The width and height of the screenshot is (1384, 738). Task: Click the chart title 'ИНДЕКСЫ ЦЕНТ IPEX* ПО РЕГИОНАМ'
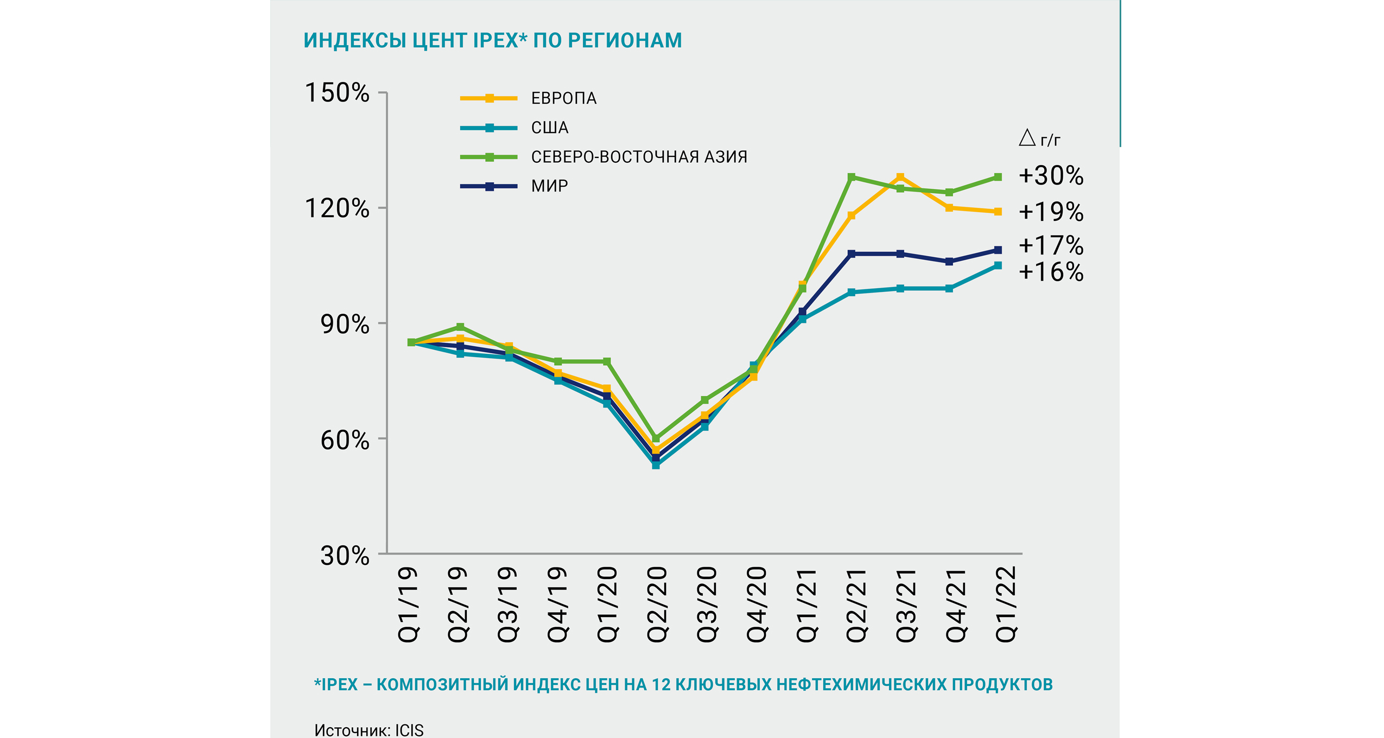(492, 41)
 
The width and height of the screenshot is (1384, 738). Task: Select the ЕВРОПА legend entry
(563, 98)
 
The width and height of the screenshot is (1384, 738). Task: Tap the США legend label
(549, 128)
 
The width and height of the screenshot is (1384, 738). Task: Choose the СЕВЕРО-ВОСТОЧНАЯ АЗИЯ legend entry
(639, 157)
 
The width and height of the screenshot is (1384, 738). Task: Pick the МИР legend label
(549, 186)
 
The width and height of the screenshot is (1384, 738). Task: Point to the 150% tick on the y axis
(337, 92)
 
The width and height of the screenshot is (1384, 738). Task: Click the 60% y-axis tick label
(345, 440)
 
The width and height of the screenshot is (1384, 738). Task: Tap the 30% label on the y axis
(345, 555)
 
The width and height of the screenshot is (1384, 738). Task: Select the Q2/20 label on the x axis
(656, 604)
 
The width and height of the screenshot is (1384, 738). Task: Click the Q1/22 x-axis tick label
(1005, 604)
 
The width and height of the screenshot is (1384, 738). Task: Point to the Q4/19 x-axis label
(556, 604)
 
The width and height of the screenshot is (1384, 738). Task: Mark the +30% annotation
(1051, 176)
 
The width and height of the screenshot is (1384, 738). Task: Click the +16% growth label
(1051, 272)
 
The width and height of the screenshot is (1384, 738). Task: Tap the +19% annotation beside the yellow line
(1051, 212)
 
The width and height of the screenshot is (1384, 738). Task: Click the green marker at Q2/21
(851, 177)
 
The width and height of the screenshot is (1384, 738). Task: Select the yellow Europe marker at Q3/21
(900, 177)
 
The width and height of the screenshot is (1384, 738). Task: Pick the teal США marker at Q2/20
(656, 465)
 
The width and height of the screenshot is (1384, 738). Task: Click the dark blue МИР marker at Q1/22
(998, 250)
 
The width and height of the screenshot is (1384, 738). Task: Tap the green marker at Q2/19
(460, 327)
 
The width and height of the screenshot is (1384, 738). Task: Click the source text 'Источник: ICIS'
(369, 730)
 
